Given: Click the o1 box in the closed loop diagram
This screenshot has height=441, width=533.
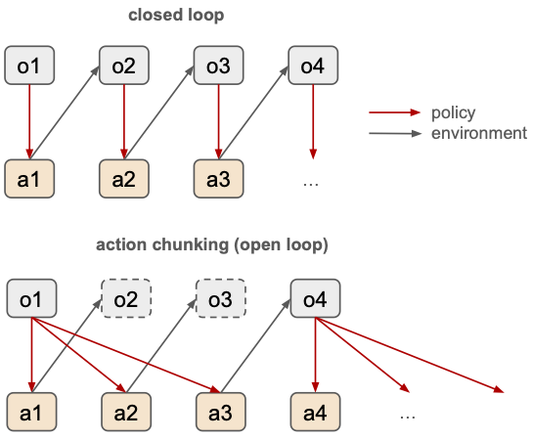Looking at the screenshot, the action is (29, 66).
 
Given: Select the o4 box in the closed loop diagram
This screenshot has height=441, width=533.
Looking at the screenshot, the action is (313, 66).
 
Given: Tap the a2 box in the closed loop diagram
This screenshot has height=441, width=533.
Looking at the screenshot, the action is (124, 179).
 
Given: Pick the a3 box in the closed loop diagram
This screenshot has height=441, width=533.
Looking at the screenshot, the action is (218, 179).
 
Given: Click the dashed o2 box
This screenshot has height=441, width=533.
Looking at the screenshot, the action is (126, 298).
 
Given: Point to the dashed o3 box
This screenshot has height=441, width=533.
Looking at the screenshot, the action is (221, 298).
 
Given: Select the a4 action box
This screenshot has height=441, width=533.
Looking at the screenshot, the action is (316, 412).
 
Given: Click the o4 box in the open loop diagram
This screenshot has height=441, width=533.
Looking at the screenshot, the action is (316, 298).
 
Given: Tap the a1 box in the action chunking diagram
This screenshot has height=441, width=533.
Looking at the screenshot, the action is (31, 412).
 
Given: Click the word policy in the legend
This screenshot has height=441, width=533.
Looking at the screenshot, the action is (453, 113).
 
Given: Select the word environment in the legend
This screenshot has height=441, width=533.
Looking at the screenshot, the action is (479, 133).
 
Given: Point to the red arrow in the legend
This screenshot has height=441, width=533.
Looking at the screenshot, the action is (395, 112).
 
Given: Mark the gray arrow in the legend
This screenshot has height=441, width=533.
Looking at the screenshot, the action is (395, 134).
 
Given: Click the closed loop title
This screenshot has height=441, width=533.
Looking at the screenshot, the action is (176, 16).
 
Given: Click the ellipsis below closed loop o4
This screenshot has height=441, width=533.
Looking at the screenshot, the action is (311, 185).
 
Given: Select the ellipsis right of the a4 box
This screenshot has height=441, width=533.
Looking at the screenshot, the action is (408, 418).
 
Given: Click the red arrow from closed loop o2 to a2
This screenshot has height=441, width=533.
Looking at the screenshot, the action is (124, 121).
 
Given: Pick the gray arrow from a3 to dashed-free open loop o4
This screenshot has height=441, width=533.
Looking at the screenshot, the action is (255, 345).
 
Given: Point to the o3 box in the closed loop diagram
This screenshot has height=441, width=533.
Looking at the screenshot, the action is (218, 66).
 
